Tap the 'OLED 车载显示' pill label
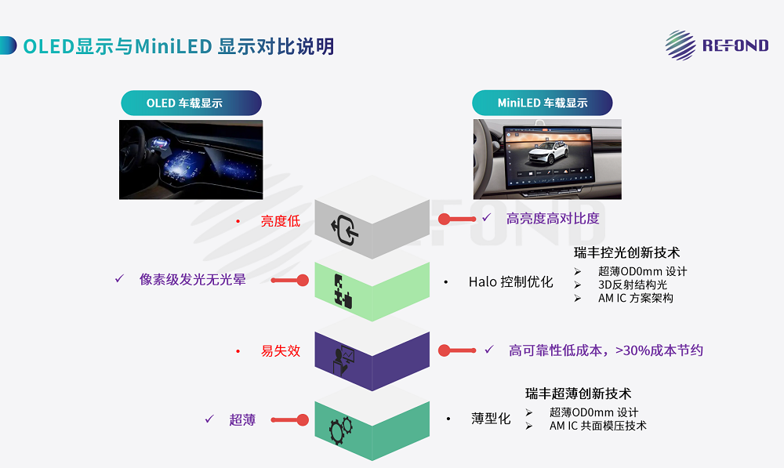191,103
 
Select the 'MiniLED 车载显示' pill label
542,103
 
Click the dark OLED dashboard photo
191,158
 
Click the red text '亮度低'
280,221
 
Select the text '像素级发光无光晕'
192,279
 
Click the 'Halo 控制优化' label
510,282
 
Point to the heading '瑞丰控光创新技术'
626,252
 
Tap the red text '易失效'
280,351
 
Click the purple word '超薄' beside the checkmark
241,420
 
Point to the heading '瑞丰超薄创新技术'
578,394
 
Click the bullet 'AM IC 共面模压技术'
597,426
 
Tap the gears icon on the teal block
340,430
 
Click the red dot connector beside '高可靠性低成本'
444,350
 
